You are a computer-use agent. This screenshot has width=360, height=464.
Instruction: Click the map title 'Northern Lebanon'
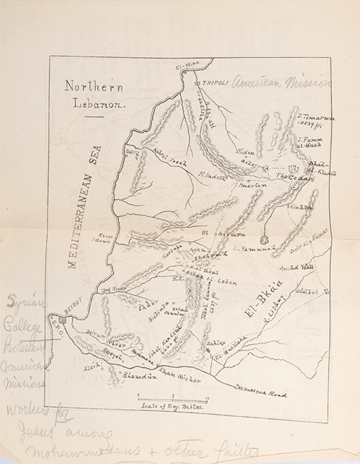[x=94, y=94]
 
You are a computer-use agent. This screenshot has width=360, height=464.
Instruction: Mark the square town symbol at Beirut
[x=62, y=320]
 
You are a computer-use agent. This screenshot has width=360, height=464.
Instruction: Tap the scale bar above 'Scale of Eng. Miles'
[x=172, y=398]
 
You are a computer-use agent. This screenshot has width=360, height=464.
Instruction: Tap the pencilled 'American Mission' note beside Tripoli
[x=281, y=82]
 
